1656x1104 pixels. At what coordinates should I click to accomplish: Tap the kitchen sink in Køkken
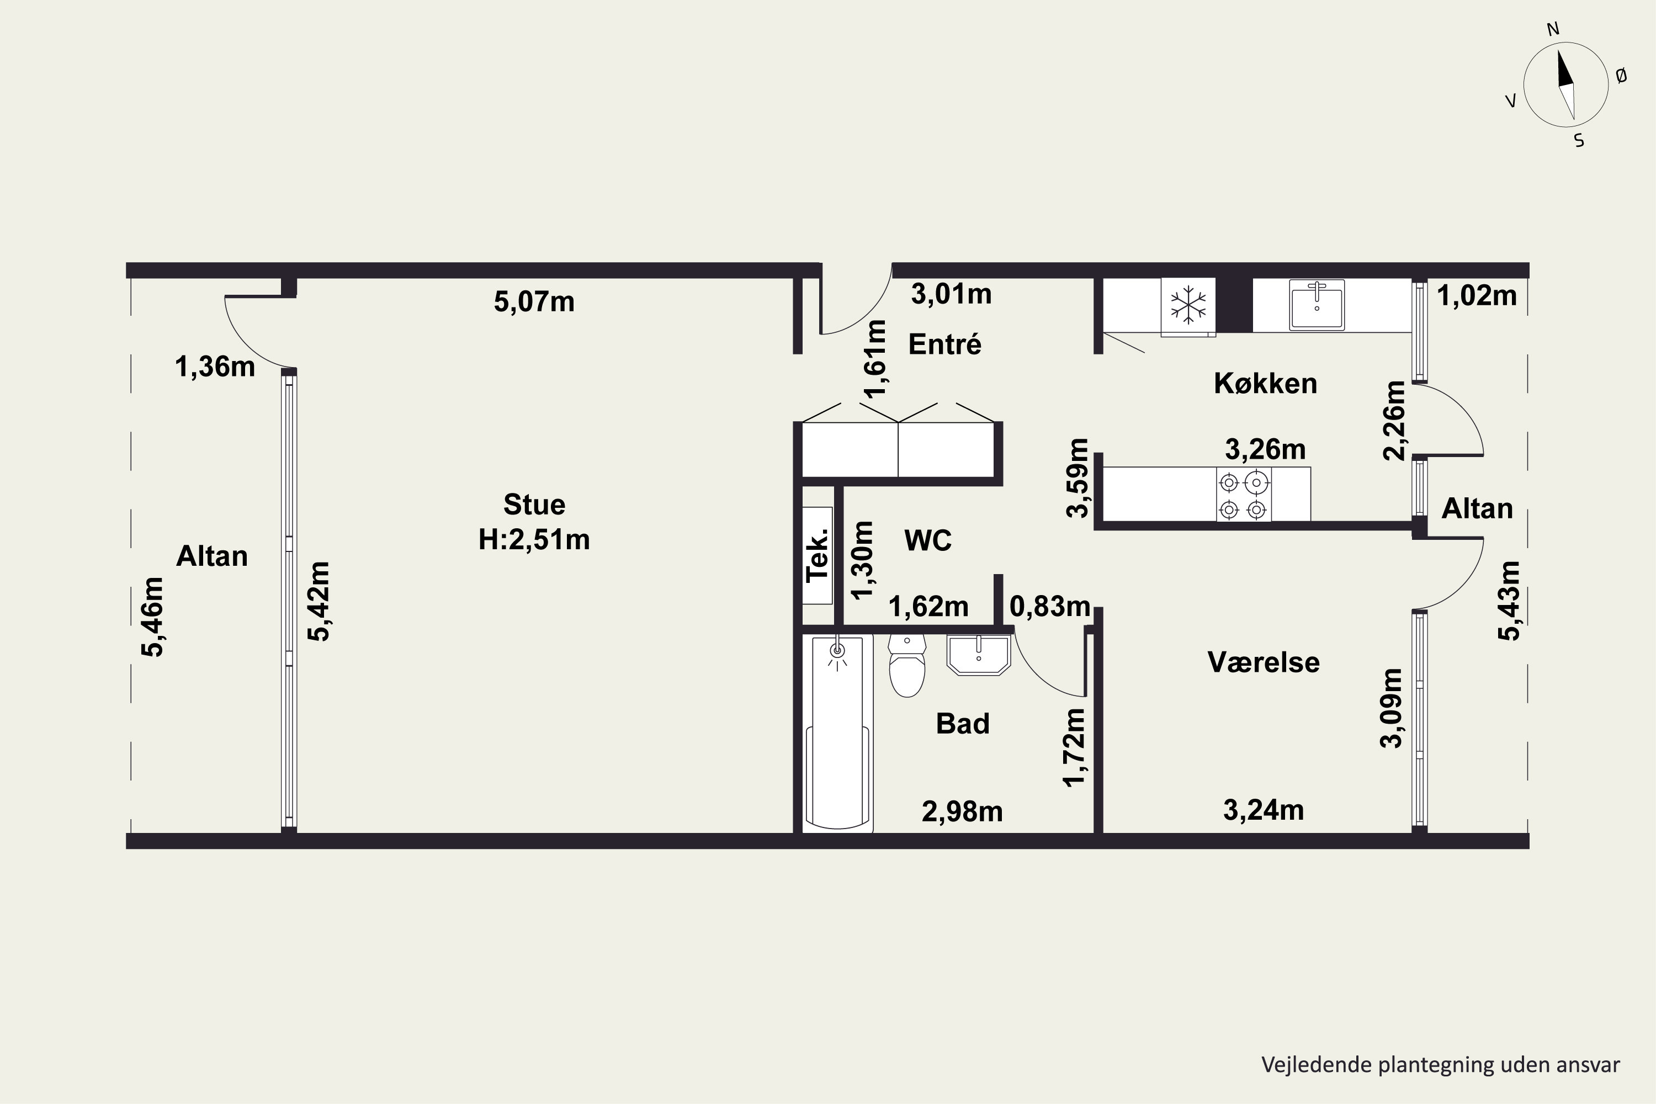(1317, 304)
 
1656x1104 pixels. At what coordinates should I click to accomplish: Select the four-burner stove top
(1244, 494)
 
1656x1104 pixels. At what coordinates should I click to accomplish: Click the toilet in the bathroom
(907, 665)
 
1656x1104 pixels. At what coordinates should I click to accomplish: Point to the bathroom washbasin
(979, 655)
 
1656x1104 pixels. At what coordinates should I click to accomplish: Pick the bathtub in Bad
(837, 733)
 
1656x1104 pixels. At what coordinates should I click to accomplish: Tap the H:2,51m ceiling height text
(534, 540)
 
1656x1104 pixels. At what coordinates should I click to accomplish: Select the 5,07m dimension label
(534, 302)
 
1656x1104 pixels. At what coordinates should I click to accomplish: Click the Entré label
(945, 344)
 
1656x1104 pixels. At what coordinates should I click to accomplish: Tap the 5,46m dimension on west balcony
(153, 617)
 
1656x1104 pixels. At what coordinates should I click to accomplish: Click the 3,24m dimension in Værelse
(1264, 811)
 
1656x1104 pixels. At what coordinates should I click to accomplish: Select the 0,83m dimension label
(1050, 606)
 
